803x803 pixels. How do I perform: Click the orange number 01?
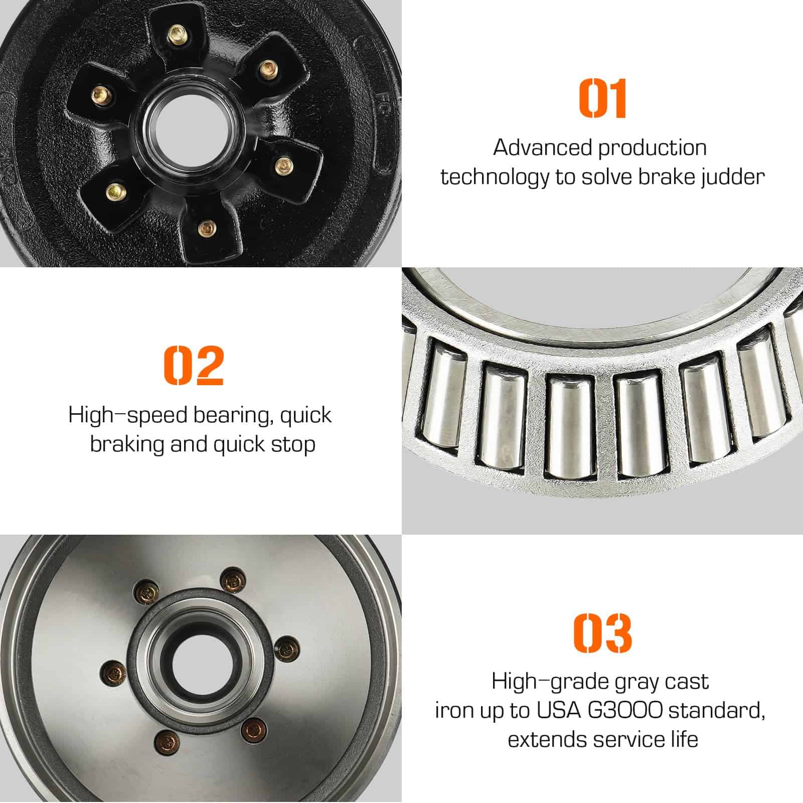[x=602, y=98]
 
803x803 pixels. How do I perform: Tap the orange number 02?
[x=194, y=365]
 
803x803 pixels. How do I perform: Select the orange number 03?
[x=602, y=633]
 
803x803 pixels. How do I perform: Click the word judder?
[x=733, y=178]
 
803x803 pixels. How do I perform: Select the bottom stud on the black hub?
[x=205, y=228]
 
